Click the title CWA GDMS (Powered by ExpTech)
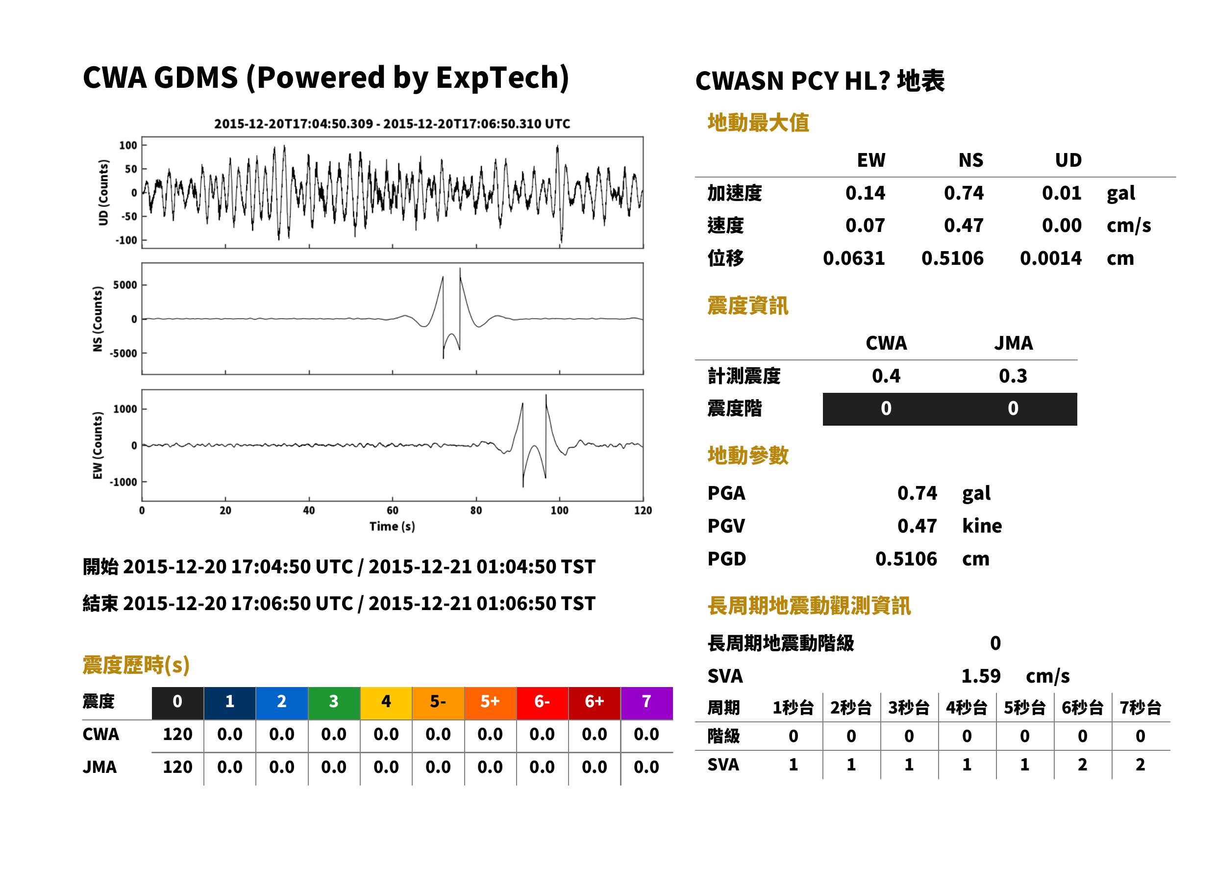(x=325, y=78)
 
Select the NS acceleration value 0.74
(x=963, y=193)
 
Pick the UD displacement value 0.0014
(x=1050, y=258)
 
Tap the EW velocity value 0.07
(x=865, y=226)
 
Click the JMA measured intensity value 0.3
(x=1013, y=376)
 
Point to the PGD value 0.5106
(x=906, y=559)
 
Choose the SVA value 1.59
(x=981, y=676)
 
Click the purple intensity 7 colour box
(x=646, y=703)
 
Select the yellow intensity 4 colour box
(x=386, y=703)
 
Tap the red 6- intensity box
(x=542, y=703)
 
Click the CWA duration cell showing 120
(x=177, y=735)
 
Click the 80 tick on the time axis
(x=476, y=511)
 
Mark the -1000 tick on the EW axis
(x=123, y=482)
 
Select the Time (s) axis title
(x=392, y=527)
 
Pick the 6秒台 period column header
(x=1082, y=708)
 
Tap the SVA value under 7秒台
(x=1141, y=765)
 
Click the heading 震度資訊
(x=747, y=306)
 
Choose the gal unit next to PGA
(x=976, y=493)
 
